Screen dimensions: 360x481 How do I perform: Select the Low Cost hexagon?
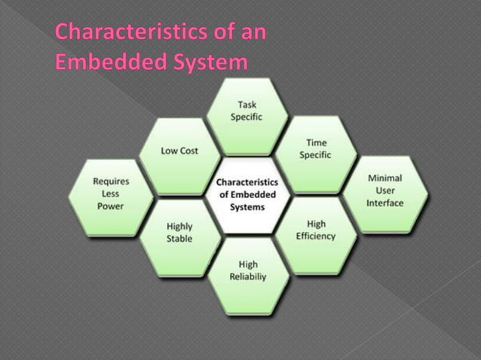pos(180,154)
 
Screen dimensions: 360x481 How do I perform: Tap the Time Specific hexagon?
pos(315,151)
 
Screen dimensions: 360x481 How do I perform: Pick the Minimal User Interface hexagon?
pos(385,192)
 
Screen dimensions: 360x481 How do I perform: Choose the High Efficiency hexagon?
pos(316,232)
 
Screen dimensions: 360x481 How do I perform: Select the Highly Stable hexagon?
pos(179,233)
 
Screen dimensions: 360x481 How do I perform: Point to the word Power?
pos(109,206)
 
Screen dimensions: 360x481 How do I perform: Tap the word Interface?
pos(385,203)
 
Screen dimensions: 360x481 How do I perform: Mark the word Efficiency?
pos(316,236)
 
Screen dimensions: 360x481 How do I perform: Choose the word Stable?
pos(179,239)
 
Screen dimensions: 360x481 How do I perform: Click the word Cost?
pos(188,151)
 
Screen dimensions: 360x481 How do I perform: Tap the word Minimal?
pos(385,178)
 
